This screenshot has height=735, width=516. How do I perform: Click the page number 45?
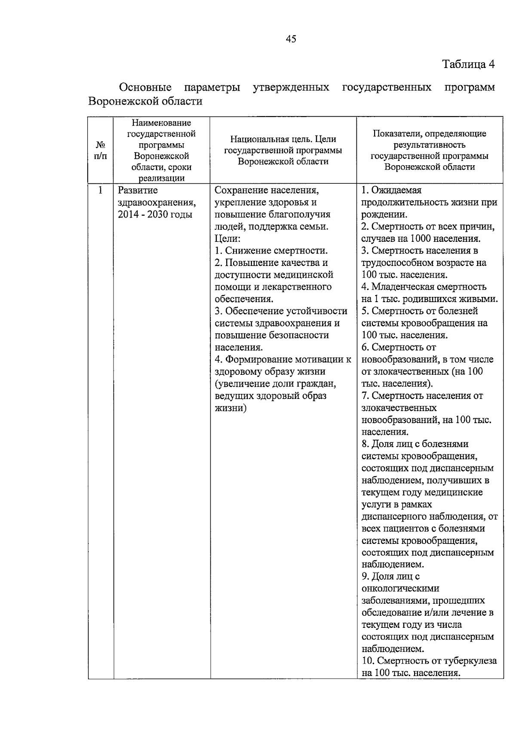[291, 39]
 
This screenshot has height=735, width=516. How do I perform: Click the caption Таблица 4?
[468, 65]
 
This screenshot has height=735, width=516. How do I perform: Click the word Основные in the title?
[145, 88]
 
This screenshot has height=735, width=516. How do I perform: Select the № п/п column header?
[101, 150]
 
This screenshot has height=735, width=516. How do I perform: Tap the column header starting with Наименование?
[161, 150]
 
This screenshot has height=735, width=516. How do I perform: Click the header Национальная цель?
[283, 150]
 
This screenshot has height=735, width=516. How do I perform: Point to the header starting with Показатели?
[429, 150]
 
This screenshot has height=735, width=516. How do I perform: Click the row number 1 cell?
[101, 190]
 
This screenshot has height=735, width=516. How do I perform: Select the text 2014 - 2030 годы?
[155, 214]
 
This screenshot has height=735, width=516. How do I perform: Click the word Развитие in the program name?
[138, 190]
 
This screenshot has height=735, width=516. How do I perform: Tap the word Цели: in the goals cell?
[227, 238]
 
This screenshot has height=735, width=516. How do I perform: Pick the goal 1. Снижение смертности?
[271, 250]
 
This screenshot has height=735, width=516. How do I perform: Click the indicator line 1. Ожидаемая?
[391, 190]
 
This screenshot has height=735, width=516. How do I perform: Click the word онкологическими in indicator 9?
[400, 588]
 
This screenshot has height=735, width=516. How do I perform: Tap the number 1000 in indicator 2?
[423, 238]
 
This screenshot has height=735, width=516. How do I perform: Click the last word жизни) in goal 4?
[230, 408]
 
